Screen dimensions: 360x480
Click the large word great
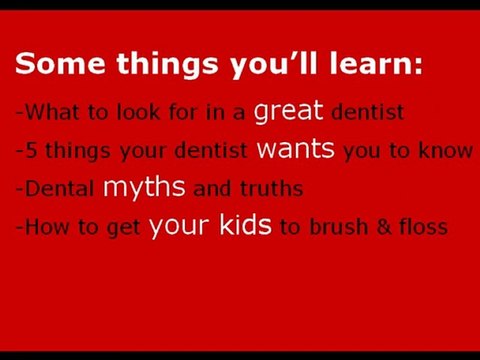(289, 111)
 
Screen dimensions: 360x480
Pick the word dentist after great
(366, 113)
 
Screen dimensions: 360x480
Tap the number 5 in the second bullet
(27, 151)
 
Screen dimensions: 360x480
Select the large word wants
(297, 150)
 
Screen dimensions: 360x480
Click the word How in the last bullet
(44, 227)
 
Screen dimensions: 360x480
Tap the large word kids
(245, 225)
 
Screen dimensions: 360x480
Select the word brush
(336, 227)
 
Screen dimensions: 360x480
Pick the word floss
(421, 227)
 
